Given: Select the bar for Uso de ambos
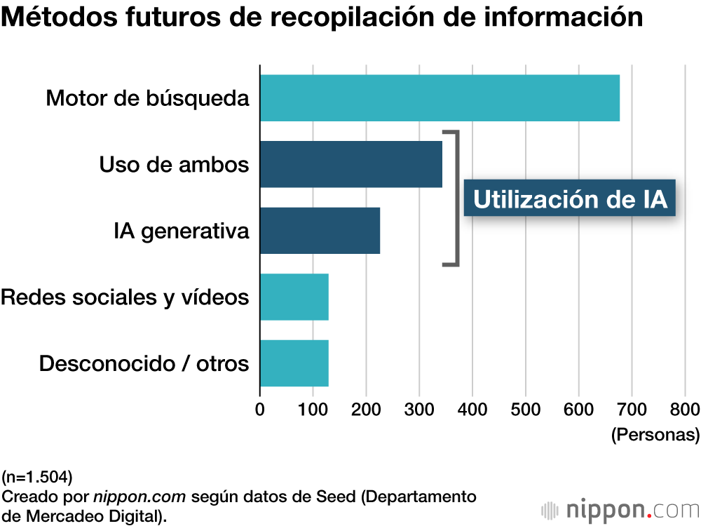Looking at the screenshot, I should [x=350, y=164].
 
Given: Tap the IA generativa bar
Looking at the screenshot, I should [x=320, y=230].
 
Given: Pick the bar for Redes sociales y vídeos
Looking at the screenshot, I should [x=294, y=297].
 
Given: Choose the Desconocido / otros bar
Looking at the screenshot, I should [x=294, y=363].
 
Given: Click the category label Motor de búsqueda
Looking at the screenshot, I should [x=147, y=98].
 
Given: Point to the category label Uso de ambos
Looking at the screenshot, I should [x=174, y=164].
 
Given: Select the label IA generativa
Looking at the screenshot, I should [x=181, y=231].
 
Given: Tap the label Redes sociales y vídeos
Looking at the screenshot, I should [x=125, y=297].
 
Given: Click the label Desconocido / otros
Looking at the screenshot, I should [x=144, y=364].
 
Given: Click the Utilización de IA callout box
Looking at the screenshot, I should [x=569, y=199].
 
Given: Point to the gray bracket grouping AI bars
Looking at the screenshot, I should [x=456, y=198].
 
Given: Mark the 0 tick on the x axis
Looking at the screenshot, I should [x=260, y=410].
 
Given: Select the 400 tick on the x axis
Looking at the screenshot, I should [x=472, y=410].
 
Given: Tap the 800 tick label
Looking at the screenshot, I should [x=685, y=410].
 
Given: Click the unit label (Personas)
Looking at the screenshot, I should [x=655, y=435].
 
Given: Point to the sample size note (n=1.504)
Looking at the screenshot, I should [x=36, y=478].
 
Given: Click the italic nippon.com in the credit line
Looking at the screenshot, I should [x=139, y=497].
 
